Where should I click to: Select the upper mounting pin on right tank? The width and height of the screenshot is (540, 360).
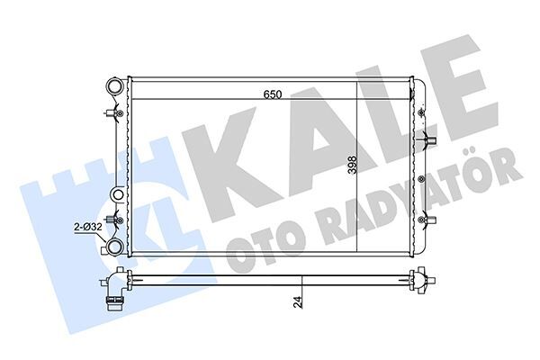(x=427, y=142)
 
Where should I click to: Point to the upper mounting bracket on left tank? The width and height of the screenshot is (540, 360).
(x=111, y=114)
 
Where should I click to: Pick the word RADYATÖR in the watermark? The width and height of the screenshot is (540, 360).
(x=423, y=197)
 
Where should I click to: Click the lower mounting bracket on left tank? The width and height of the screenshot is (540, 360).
(x=112, y=221)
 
